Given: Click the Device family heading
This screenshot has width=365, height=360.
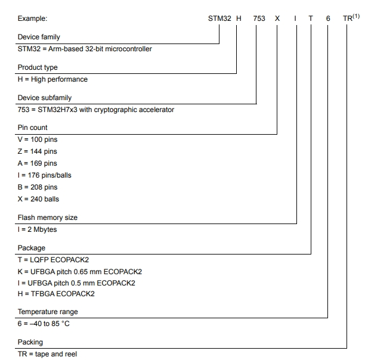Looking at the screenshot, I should click(39, 38).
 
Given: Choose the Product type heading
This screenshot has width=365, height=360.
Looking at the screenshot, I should click(38, 68).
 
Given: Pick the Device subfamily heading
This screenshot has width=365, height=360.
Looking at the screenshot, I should click(45, 98).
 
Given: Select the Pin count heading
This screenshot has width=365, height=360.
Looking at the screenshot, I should click(33, 128).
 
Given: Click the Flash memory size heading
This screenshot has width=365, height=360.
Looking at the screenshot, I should click(48, 218).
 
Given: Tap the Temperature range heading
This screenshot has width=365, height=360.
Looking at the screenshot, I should click(48, 312).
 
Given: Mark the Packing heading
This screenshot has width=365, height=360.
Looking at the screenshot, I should click(30, 342).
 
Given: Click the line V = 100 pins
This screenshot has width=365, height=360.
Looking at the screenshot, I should click(38, 139).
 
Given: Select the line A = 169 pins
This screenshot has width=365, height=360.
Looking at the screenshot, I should click(38, 163).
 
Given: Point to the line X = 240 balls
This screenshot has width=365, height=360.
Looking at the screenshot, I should click(39, 199).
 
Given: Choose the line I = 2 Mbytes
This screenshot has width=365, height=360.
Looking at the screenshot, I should click(38, 229).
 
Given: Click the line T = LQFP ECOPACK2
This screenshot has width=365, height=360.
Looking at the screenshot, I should click(52, 259).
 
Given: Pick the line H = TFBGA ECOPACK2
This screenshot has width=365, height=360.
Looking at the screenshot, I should click(56, 294).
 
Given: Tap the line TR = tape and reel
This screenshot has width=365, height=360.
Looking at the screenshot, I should click(47, 354).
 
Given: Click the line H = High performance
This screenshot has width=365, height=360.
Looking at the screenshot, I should click(52, 79).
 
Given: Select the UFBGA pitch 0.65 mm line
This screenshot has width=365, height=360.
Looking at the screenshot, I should click(80, 271).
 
